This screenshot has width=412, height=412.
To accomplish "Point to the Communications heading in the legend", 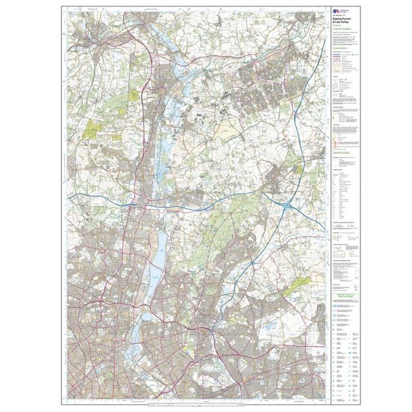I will click(343, 47).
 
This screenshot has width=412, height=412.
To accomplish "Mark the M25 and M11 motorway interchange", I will click(285, 206).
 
